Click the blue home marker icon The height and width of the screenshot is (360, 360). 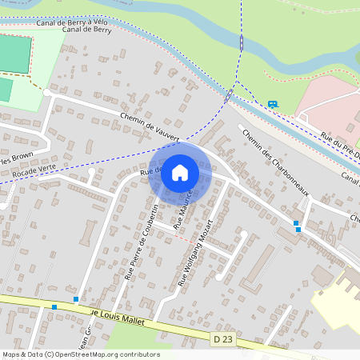click(180, 173)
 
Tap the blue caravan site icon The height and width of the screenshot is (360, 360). click(273, 104)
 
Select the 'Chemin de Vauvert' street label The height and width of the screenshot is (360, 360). click(150, 126)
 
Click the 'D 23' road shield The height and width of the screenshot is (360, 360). click(224, 340)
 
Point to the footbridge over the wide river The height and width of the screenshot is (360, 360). click(242, 42)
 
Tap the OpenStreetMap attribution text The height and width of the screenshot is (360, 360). click(81, 354)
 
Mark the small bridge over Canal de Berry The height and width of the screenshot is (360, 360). click(230, 95)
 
